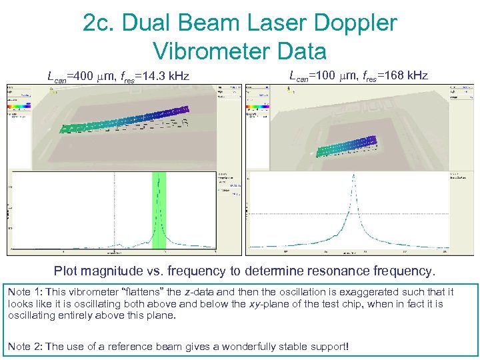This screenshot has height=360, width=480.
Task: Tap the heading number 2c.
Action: click(99, 24)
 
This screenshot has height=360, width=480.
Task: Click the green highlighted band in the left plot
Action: click(159, 210)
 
